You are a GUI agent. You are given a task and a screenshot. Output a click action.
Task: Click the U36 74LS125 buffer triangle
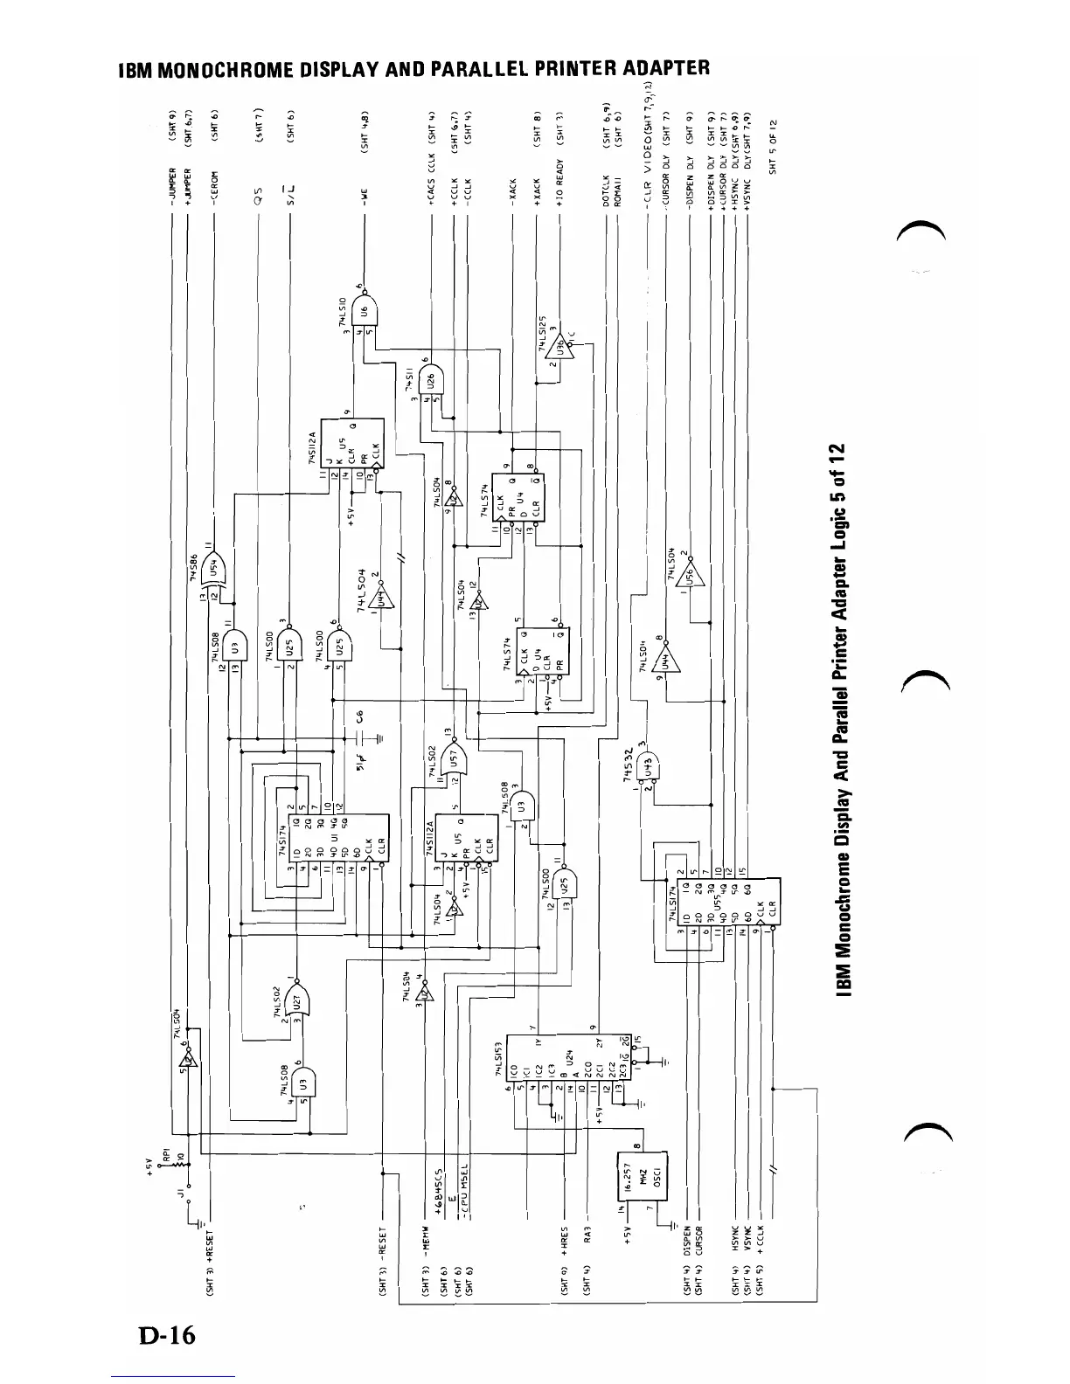(x=560, y=351)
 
